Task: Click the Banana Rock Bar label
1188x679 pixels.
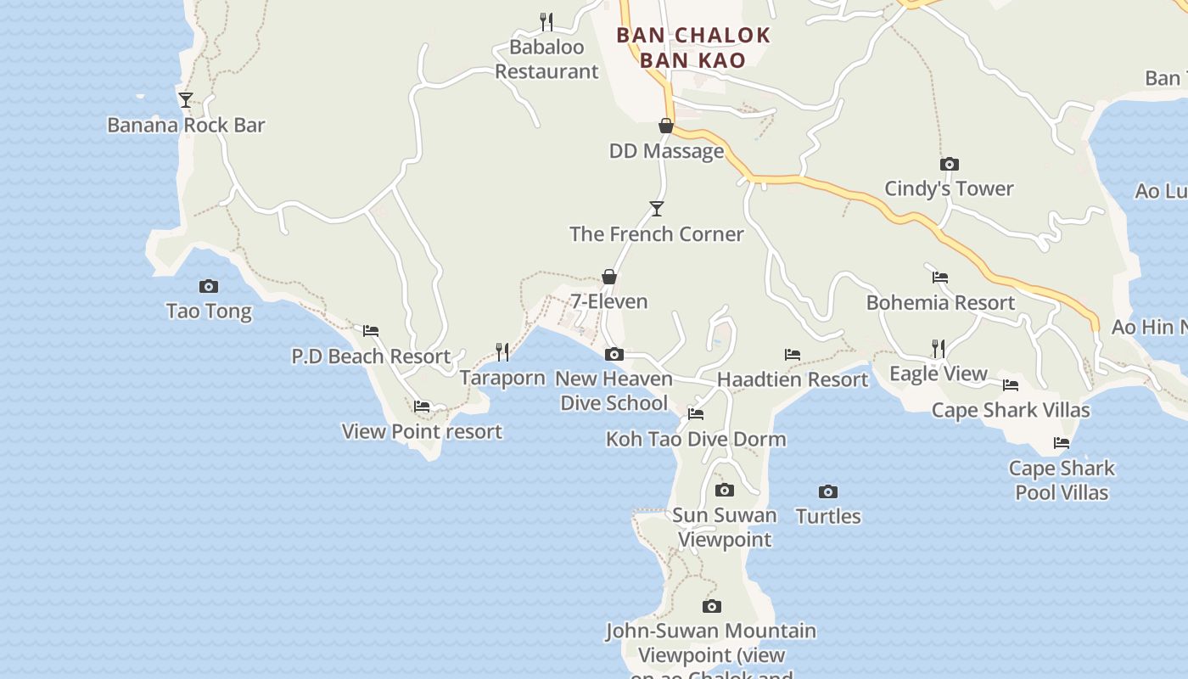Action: (186, 126)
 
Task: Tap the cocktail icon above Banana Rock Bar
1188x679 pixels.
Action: (186, 100)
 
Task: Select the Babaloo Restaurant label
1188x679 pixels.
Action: (546, 59)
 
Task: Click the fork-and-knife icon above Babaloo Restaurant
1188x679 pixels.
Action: (546, 21)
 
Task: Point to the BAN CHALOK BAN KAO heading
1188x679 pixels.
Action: (693, 48)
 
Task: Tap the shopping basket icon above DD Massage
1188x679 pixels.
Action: (666, 126)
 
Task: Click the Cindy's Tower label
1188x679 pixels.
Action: (949, 188)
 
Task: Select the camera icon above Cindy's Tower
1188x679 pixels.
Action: (949, 164)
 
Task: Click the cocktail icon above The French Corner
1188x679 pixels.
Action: (656, 208)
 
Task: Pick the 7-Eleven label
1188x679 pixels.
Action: (608, 301)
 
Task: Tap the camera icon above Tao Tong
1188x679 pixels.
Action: (209, 287)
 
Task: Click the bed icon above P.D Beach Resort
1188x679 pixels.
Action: (371, 331)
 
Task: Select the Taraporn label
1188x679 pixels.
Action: (502, 378)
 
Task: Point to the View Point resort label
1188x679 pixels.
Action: (422, 431)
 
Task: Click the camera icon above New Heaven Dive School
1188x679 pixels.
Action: (614, 354)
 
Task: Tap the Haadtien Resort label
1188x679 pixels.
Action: (793, 379)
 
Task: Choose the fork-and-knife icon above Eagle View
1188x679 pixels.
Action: (938, 349)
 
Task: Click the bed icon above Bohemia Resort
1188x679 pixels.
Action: (940, 278)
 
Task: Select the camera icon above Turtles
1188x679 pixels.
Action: (828, 491)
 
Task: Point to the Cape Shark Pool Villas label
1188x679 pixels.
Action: (1062, 480)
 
